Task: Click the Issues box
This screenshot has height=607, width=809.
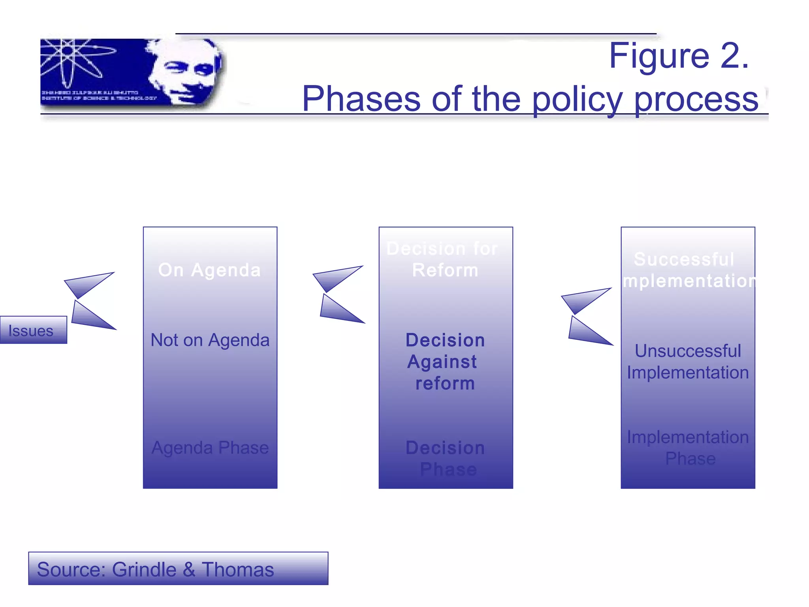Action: (33, 330)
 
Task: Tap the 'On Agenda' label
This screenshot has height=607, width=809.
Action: (210, 270)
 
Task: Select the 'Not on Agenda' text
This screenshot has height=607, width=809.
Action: (210, 340)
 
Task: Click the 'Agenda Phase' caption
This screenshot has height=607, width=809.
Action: (210, 448)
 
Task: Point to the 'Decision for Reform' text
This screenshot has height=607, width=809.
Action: (443, 259)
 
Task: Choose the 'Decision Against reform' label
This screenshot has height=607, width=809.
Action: (445, 362)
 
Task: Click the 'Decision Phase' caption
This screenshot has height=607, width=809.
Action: (446, 458)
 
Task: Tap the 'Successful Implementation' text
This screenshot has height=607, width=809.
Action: (688, 270)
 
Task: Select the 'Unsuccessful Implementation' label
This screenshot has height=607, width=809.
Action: (688, 362)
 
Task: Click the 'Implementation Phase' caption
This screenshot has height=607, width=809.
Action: (688, 448)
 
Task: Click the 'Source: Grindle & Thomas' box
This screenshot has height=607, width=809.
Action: (178, 569)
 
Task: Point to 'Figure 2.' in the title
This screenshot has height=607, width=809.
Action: (679, 56)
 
